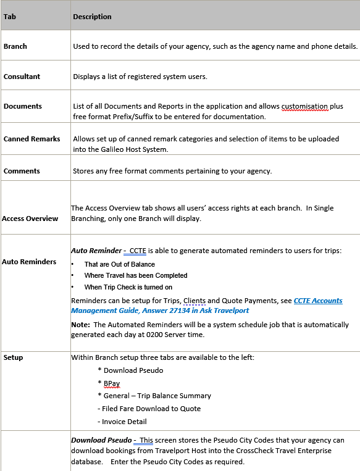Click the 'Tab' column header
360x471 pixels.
point(10,17)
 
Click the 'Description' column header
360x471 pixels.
point(92,17)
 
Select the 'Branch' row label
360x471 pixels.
point(15,46)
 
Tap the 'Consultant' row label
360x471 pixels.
point(22,77)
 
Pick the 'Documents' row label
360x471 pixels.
point(23,106)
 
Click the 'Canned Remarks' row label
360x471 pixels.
point(32,139)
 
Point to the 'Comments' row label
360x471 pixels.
point(22,171)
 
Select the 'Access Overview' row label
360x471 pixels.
point(30,219)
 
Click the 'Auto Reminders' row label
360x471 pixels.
point(29,262)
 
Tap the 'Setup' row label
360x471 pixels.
point(13,357)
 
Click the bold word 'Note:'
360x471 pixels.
point(80,324)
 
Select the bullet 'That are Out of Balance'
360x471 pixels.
point(120,264)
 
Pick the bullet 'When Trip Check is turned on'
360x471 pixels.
point(128,287)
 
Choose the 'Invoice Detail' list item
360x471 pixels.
point(124,422)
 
